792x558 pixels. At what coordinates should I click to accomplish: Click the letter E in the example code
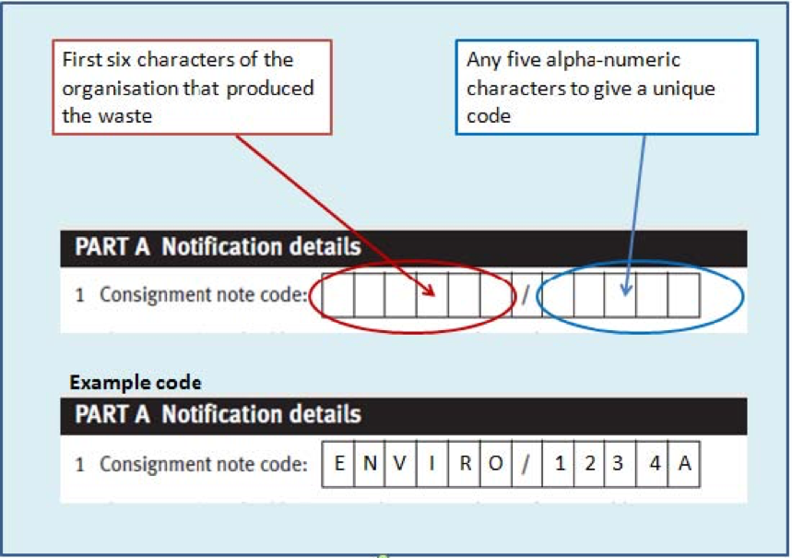[x=339, y=463]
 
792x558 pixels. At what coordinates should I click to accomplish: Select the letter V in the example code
[x=399, y=463]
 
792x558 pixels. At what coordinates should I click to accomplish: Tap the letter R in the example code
[x=466, y=463]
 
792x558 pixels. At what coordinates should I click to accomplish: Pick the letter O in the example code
[x=495, y=463]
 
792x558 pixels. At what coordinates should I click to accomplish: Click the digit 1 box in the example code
[x=558, y=464]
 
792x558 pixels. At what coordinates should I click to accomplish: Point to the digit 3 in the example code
[x=618, y=463]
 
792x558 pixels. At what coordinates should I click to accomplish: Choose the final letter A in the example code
[x=684, y=463]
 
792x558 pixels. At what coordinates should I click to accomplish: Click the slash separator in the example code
[x=526, y=464]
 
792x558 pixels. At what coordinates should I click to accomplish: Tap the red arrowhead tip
[x=434, y=294]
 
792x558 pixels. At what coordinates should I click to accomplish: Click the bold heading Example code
[x=136, y=383]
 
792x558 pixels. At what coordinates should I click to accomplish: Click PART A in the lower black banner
[x=112, y=414]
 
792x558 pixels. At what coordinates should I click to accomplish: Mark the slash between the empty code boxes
[x=526, y=295]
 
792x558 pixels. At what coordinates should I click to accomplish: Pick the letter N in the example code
[x=370, y=463]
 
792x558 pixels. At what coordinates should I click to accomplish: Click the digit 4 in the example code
[x=655, y=463]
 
